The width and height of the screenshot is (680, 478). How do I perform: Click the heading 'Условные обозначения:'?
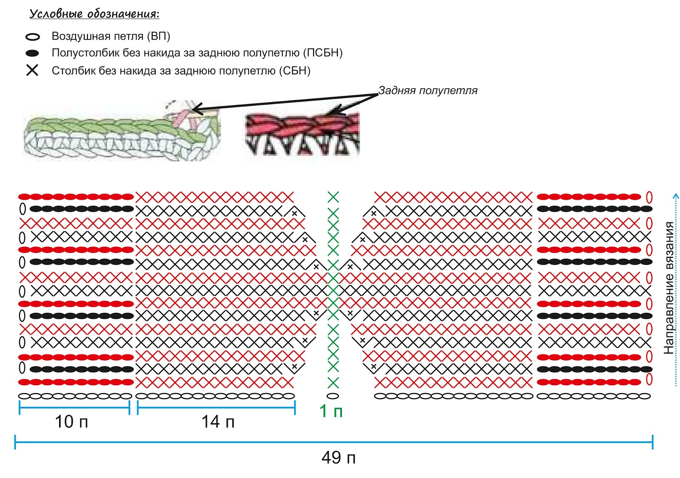94,14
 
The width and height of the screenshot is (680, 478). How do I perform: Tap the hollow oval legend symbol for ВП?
33,37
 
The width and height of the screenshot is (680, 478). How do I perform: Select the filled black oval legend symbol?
32,53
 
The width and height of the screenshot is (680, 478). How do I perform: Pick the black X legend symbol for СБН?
32,70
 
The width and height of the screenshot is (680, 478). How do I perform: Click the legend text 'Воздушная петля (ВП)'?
111,36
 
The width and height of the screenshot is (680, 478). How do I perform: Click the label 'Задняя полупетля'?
428,91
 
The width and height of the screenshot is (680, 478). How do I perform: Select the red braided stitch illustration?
302,133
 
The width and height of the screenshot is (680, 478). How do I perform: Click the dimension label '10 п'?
71,422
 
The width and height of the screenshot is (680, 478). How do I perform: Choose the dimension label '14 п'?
218,422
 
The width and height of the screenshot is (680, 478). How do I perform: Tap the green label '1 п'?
331,411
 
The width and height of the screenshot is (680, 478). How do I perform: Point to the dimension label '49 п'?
338,458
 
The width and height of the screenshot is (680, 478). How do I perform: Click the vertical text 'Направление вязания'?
669,288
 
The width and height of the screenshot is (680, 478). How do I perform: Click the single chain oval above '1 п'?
333,396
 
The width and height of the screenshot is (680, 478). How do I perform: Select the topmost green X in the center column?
333,197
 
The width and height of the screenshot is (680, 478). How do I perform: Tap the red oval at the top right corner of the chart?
649,197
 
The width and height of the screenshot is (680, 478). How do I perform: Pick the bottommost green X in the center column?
333,383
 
